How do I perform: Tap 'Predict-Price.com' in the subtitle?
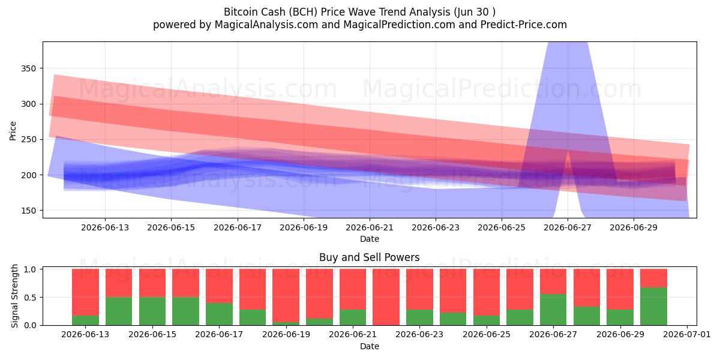[524, 25]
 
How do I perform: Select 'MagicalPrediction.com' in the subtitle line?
[399, 25]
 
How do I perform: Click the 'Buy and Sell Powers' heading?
[370, 257]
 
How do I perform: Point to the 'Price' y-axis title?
[13, 131]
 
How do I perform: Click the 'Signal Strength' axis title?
[14, 296]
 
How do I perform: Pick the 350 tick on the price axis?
[29, 68]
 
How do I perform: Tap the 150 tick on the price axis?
[29, 211]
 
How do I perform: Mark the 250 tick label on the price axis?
[29, 139]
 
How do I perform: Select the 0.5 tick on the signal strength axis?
[30, 298]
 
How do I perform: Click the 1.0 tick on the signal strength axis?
[30, 269]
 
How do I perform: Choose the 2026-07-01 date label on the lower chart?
[687, 335]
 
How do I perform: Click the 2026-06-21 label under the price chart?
[370, 227]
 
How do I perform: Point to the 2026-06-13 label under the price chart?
[105, 227]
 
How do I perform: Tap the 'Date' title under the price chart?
[370, 239]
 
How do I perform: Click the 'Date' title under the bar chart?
[370, 346]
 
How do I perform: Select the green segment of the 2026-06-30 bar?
[653, 307]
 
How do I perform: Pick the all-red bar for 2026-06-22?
[386, 297]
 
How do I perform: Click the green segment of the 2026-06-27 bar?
[553, 310]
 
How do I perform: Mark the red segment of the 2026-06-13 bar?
[85, 292]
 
